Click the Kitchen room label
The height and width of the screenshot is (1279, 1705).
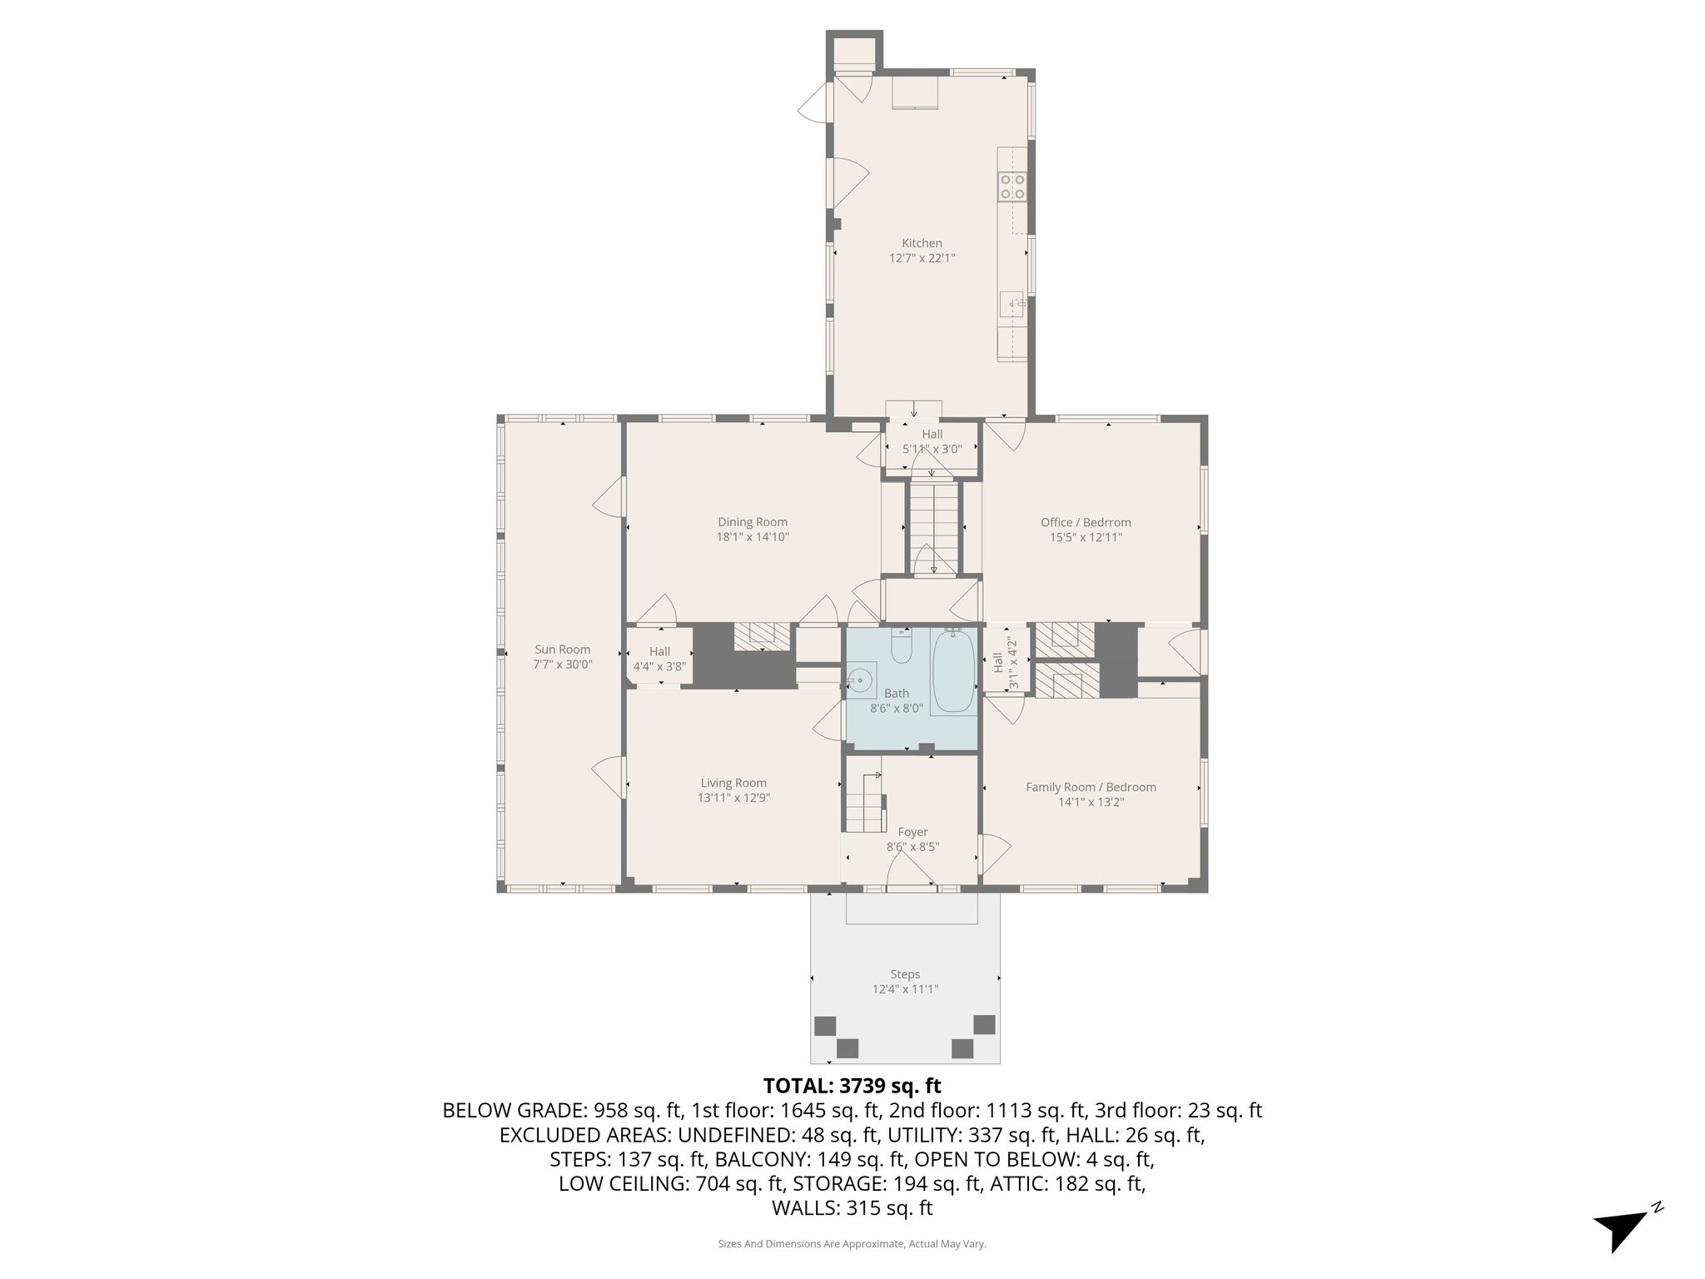[922, 244]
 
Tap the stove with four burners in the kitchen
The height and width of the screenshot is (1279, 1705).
[1013, 186]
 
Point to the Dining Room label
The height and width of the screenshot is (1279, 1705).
[753, 523]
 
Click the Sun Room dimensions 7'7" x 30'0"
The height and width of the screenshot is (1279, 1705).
[563, 664]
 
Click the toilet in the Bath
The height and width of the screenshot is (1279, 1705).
[902, 647]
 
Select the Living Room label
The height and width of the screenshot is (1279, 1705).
[733, 783]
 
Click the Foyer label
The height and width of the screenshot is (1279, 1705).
[912, 832]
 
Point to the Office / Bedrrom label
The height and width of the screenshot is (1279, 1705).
[1086, 523]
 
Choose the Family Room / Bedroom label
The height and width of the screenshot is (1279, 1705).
[1091, 787]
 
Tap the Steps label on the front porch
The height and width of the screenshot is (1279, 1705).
[905, 974]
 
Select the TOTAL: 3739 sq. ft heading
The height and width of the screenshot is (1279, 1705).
[852, 1086]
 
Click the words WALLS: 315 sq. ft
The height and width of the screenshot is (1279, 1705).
[852, 1208]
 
